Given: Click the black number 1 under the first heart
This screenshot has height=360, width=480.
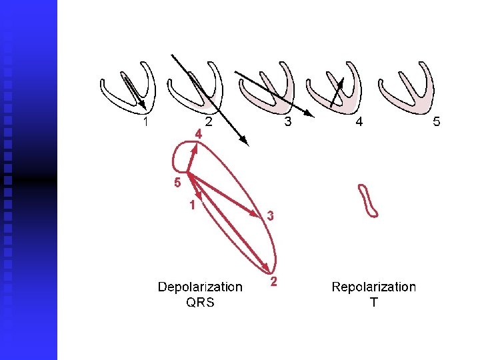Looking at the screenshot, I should click(x=146, y=122).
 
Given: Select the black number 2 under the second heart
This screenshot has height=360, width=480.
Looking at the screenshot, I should click(x=209, y=122).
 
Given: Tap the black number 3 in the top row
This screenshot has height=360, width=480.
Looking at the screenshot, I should click(x=287, y=122).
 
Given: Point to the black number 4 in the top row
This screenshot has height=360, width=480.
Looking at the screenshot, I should click(x=359, y=122).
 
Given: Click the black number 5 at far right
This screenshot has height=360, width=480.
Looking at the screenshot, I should click(x=437, y=122).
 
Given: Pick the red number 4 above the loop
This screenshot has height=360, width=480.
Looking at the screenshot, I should click(x=199, y=134).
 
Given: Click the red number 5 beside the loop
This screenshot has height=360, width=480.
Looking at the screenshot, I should click(x=177, y=182).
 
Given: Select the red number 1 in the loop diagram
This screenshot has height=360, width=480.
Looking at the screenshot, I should click(x=192, y=205).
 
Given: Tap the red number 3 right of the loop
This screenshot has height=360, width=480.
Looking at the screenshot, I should click(x=271, y=215).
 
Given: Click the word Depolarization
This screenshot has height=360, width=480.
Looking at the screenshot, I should click(x=200, y=287).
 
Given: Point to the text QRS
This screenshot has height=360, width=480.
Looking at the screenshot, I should click(x=200, y=302).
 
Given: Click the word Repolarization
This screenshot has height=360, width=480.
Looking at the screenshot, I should click(x=373, y=287).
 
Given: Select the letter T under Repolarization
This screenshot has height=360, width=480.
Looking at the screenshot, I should click(x=373, y=302).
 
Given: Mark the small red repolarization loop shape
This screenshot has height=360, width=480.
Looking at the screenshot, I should click(x=368, y=201).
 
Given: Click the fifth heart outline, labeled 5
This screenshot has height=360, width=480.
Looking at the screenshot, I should click(x=406, y=87).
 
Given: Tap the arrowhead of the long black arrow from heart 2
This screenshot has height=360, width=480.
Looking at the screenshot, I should click(x=245, y=141).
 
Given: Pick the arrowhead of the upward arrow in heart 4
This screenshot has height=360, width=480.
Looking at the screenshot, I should click(x=341, y=81).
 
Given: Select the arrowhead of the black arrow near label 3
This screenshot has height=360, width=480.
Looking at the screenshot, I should click(x=310, y=113).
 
